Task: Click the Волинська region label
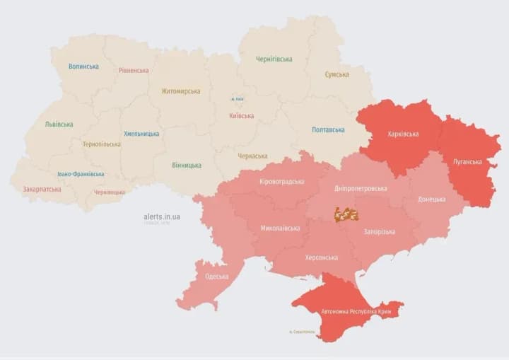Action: pos(83,66)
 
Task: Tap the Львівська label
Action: pos(59,124)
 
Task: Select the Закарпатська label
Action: pos(41,190)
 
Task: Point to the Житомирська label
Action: pos(180,91)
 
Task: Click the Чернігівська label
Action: pos(274,59)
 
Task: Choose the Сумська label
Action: pos(337,74)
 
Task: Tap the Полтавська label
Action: pos(328,130)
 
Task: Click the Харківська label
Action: pos(403,134)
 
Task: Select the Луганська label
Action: pos(467,162)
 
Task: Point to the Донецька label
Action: pos(431,199)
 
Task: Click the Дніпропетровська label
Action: pos(361,189)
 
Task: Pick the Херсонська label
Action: pos(321,258)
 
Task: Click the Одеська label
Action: pos(216,277)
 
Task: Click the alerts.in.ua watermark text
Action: pos(161,216)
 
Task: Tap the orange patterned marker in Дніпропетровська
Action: pos(346,214)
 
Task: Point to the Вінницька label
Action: pos(186,166)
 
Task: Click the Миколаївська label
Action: pos(280,228)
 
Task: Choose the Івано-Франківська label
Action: pos(81,174)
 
